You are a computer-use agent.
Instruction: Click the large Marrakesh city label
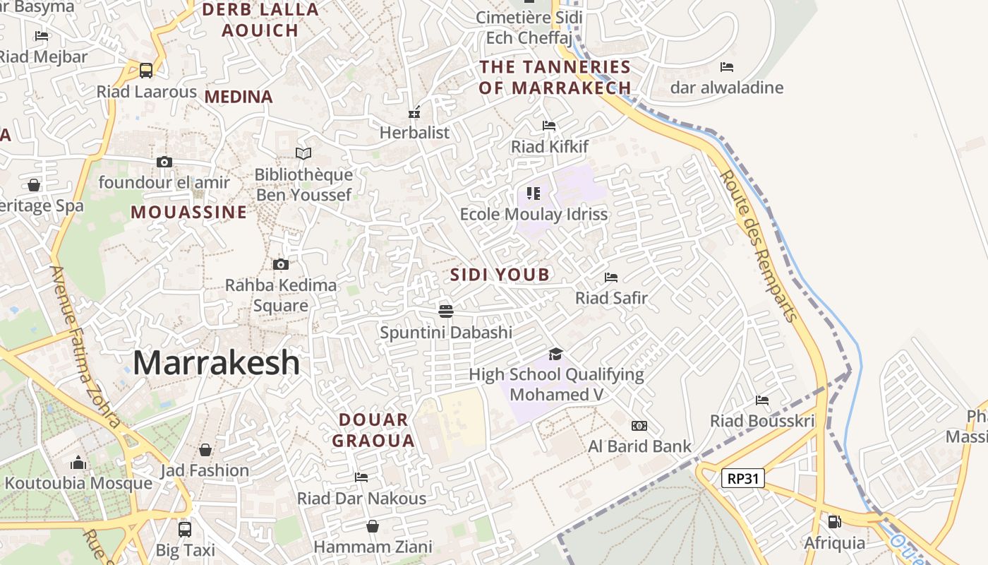point(216,363)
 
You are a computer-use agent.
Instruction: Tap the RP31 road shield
point(743,479)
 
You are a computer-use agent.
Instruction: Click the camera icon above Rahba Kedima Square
point(281,265)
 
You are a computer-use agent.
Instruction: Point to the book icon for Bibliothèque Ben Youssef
point(303,153)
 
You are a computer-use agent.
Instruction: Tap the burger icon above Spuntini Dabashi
point(445,311)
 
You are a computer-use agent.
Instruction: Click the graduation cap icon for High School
point(556,354)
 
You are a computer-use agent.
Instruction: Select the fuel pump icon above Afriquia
point(834,522)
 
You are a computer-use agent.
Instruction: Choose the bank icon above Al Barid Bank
point(639,426)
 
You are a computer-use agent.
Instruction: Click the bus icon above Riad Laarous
point(146,71)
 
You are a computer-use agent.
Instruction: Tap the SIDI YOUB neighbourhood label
point(500,275)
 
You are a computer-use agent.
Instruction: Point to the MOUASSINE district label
point(189,212)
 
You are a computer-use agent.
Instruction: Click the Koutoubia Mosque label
point(78,484)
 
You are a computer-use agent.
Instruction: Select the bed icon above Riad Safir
point(611,278)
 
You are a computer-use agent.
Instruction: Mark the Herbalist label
point(414,133)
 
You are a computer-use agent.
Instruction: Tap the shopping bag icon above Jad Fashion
point(205,450)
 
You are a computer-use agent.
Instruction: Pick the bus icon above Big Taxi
point(185,529)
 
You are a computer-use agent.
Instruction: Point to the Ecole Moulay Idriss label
point(534,214)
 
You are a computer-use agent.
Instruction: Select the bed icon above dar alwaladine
point(727,67)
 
